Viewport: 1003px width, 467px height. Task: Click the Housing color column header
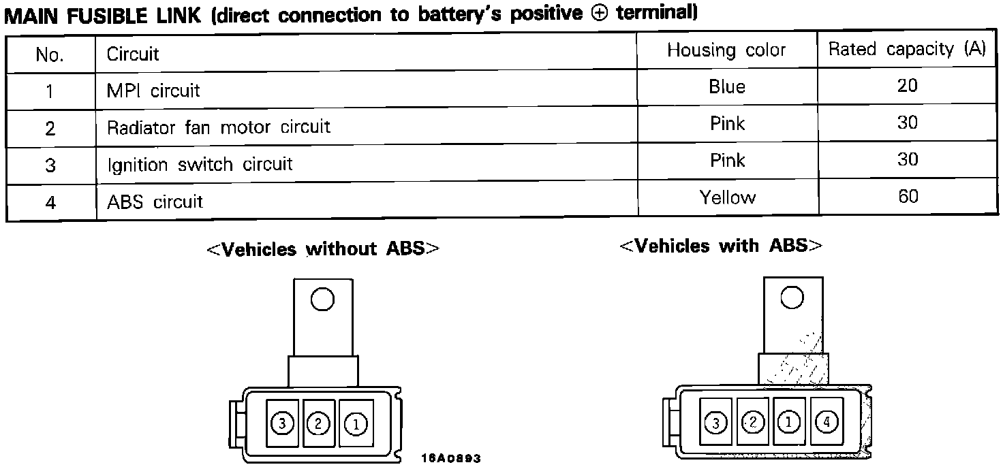point(726,50)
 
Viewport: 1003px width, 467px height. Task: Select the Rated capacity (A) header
point(907,50)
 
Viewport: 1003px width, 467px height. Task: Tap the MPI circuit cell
point(153,91)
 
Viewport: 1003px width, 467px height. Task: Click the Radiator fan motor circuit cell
point(218,127)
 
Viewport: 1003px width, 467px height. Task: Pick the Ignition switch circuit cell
point(200,164)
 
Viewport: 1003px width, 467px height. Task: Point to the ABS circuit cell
point(155,202)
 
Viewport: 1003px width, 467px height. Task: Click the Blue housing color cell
point(726,87)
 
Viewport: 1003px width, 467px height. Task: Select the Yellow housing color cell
point(727,197)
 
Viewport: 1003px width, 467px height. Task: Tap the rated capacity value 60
point(908,197)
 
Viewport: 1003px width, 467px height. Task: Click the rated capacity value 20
point(908,86)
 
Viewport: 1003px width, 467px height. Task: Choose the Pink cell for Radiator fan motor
point(727,124)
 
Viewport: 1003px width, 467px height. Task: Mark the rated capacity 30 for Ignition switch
point(908,160)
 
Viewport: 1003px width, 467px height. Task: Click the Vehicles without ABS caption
point(323,249)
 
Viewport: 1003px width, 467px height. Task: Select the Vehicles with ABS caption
point(721,246)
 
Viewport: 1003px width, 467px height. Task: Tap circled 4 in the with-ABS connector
point(827,423)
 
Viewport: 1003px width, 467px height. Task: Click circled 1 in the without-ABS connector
point(356,425)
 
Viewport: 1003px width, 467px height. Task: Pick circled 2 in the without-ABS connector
point(318,424)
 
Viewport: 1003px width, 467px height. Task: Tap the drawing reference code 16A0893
point(452,459)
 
